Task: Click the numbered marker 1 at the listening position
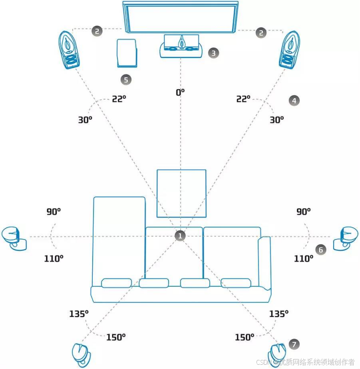click(x=180, y=236)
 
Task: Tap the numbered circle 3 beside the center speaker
click(x=213, y=53)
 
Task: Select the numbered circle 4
click(x=294, y=100)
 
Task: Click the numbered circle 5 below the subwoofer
click(x=126, y=79)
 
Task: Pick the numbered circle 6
click(x=321, y=250)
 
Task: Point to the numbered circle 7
click(x=294, y=344)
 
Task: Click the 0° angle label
click(x=180, y=92)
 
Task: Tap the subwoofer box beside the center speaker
click(x=127, y=53)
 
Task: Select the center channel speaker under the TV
click(x=182, y=46)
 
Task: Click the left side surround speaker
click(x=14, y=237)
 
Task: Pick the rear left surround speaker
click(x=81, y=354)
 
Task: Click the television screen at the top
click(x=180, y=16)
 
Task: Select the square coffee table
click(x=181, y=193)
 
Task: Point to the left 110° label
click(x=54, y=259)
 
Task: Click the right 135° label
click(x=279, y=314)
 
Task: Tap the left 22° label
click(x=119, y=99)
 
